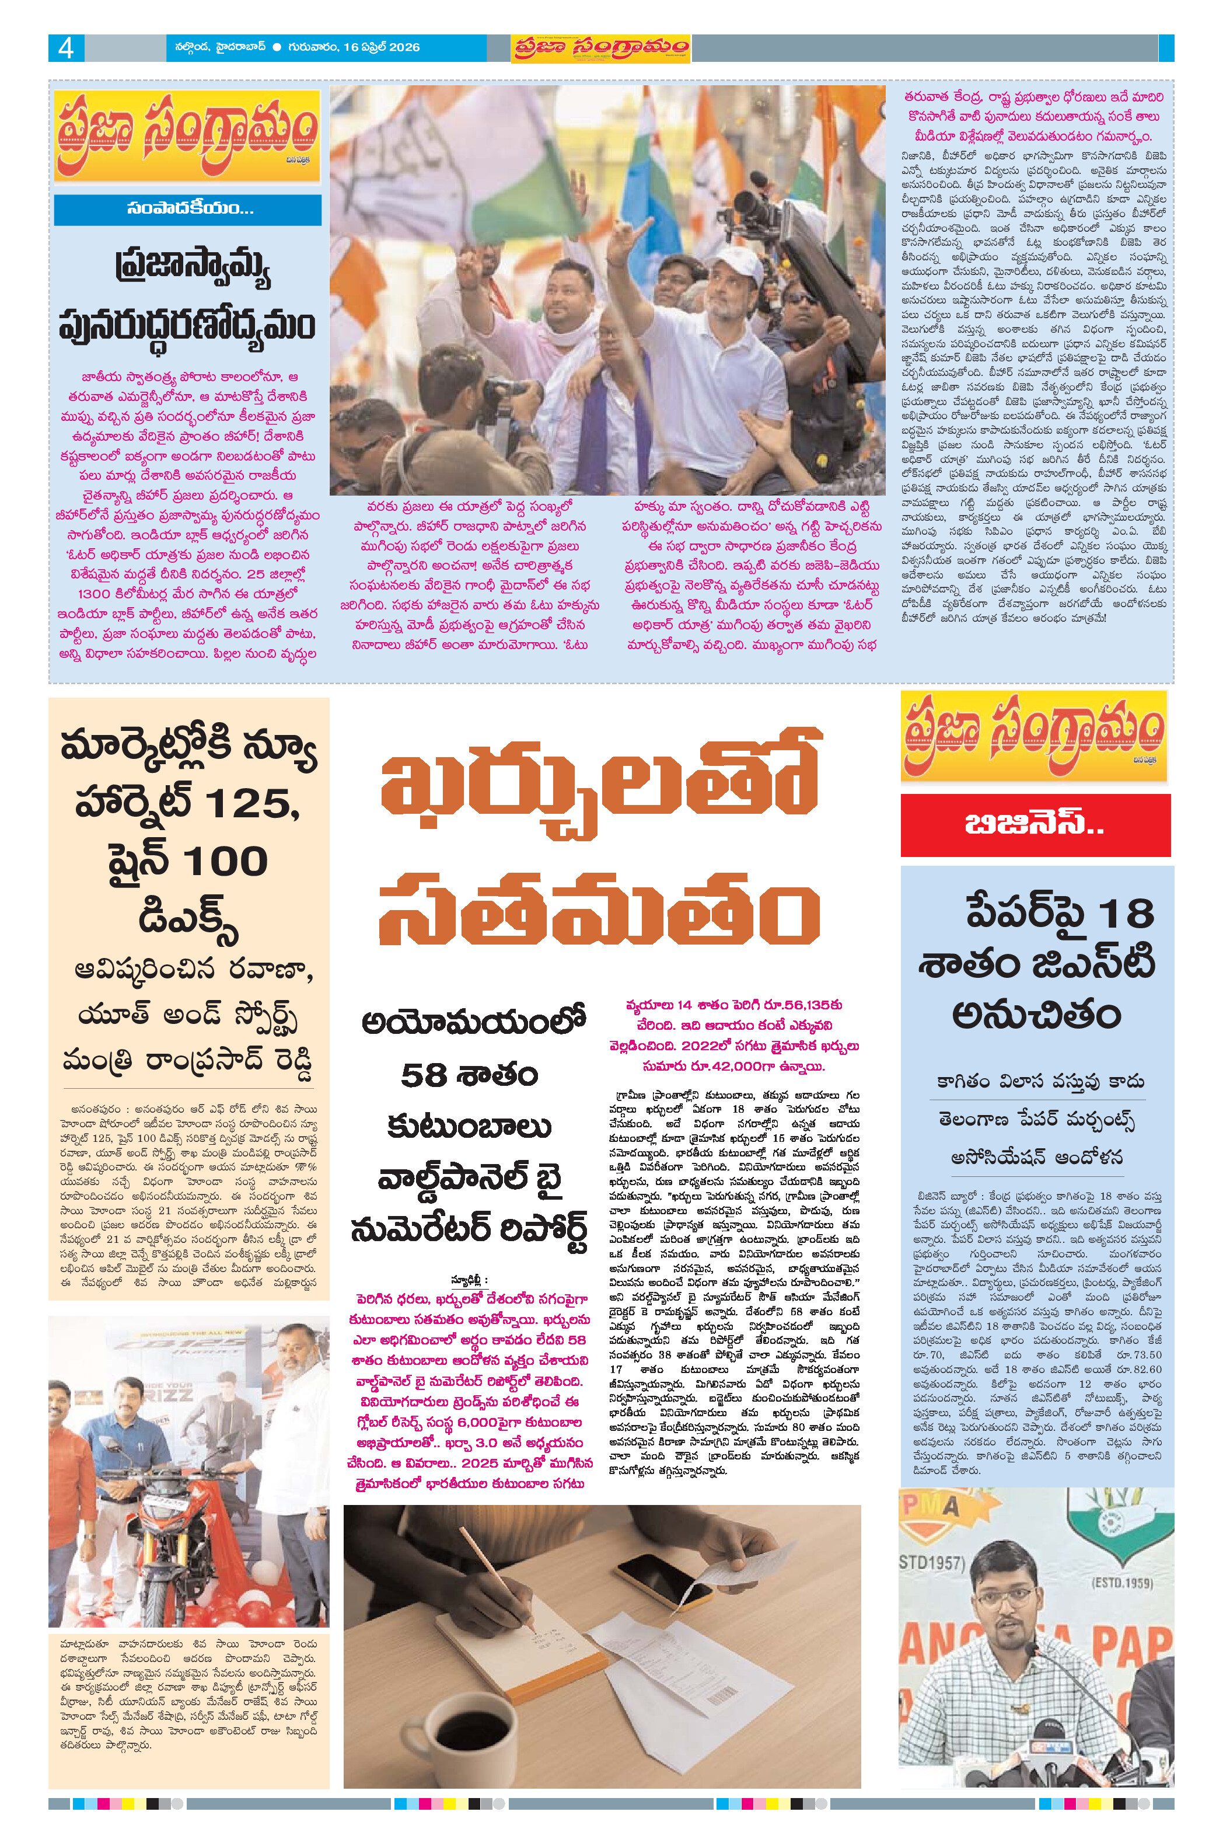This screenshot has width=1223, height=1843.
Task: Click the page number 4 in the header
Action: point(65,48)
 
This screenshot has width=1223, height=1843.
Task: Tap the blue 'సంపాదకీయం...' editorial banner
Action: point(188,209)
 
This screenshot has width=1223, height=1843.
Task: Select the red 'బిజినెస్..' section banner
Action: point(1035,825)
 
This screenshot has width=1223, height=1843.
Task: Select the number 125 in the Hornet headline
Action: point(250,804)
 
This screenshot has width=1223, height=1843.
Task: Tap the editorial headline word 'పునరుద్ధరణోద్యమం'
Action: point(187,324)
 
